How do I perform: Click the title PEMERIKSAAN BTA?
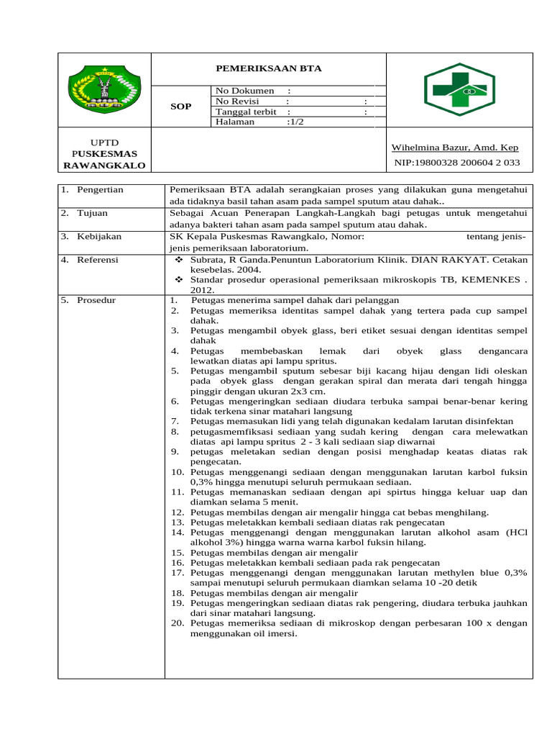click(x=270, y=68)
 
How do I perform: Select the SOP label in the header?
click(x=180, y=107)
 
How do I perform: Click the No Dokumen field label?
click(x=244, y=91)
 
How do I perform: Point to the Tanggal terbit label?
click(x=246, y=112)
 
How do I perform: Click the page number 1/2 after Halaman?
click(x=295, y=122)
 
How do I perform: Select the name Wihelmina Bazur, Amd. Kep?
click(x=454, y=148)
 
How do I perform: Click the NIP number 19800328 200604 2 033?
click(x=457, y=163)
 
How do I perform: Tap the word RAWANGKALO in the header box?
click(x=104, y=166)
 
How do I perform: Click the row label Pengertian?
click(x=100, y=189)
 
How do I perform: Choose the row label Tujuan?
click(x=93, y=213)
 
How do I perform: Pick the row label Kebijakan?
click(x=99, y=236)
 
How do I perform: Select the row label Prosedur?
click(x=97, y=299)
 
